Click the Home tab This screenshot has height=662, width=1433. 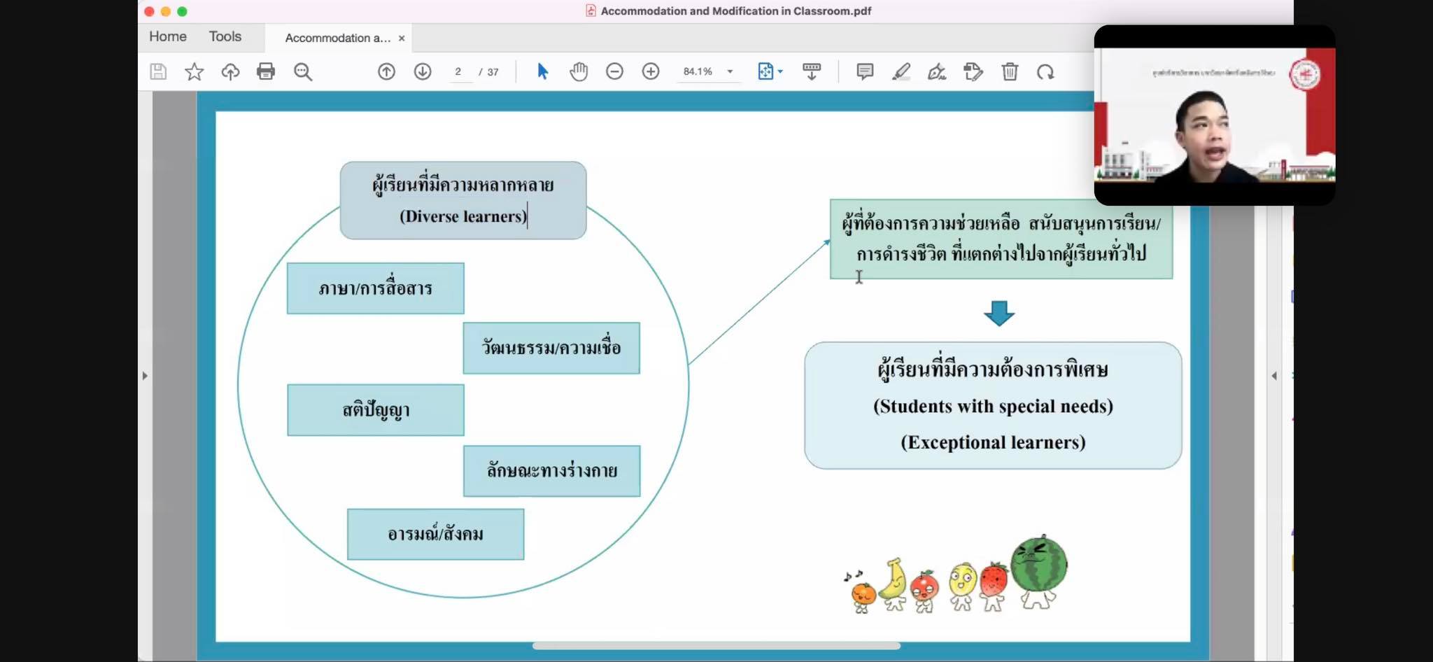168,37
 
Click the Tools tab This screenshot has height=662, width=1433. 225,37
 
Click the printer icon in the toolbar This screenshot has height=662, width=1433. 266,71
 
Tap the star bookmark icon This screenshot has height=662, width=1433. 194,71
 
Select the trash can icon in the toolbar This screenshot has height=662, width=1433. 1009,71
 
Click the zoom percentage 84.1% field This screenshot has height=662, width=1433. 698,71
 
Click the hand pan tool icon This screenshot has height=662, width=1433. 579,71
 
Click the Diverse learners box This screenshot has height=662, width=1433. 463,201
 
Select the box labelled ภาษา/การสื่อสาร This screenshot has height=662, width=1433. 375,288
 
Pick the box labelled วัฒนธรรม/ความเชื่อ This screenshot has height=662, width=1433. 551,348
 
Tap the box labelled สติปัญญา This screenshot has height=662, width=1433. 375,410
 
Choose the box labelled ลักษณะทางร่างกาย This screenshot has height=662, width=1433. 551,471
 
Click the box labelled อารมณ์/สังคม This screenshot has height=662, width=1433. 435,534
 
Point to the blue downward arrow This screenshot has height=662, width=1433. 998,313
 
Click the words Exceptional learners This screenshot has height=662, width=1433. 993,442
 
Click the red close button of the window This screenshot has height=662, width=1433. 149,11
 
